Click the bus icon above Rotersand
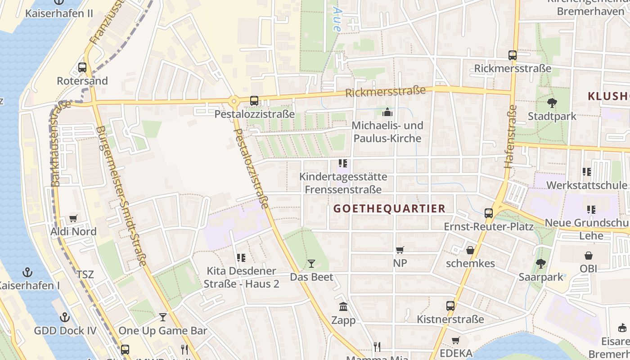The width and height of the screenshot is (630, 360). pos(82,67)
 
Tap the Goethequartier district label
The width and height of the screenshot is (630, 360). pos(389,209)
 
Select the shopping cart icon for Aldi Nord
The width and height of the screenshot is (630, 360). pos(73,219)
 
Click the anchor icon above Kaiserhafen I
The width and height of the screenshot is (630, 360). pos(28,272)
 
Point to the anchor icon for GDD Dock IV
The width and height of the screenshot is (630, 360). pos(65,318)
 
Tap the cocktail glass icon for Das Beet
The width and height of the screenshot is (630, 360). pos(311,264)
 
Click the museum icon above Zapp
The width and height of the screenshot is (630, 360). pos(343,307)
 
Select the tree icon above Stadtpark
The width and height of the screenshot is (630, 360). pos(552,103)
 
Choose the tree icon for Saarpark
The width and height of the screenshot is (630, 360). pos(540,264)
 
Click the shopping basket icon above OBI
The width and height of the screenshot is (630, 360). pos(588,256)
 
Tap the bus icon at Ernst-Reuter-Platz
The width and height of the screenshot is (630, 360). pos(489,213)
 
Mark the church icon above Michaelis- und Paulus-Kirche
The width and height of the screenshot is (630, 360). pos(387,112)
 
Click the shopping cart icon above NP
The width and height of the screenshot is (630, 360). pos(400,250)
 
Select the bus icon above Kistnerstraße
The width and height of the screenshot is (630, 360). pos(450,306)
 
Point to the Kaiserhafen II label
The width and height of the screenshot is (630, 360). pos(59,13)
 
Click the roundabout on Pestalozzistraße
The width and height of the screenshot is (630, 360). pos(233,101)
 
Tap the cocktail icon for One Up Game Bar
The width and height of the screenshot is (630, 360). pos(162,318)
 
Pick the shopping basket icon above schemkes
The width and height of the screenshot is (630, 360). pos(470,250)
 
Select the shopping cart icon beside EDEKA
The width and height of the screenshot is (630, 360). pos(456,341)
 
